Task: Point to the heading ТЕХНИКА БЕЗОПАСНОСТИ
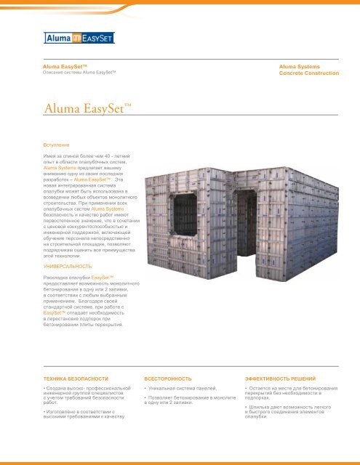click(76, 379)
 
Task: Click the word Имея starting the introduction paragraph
click(51, 156)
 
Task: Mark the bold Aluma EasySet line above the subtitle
click(65, 67)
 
